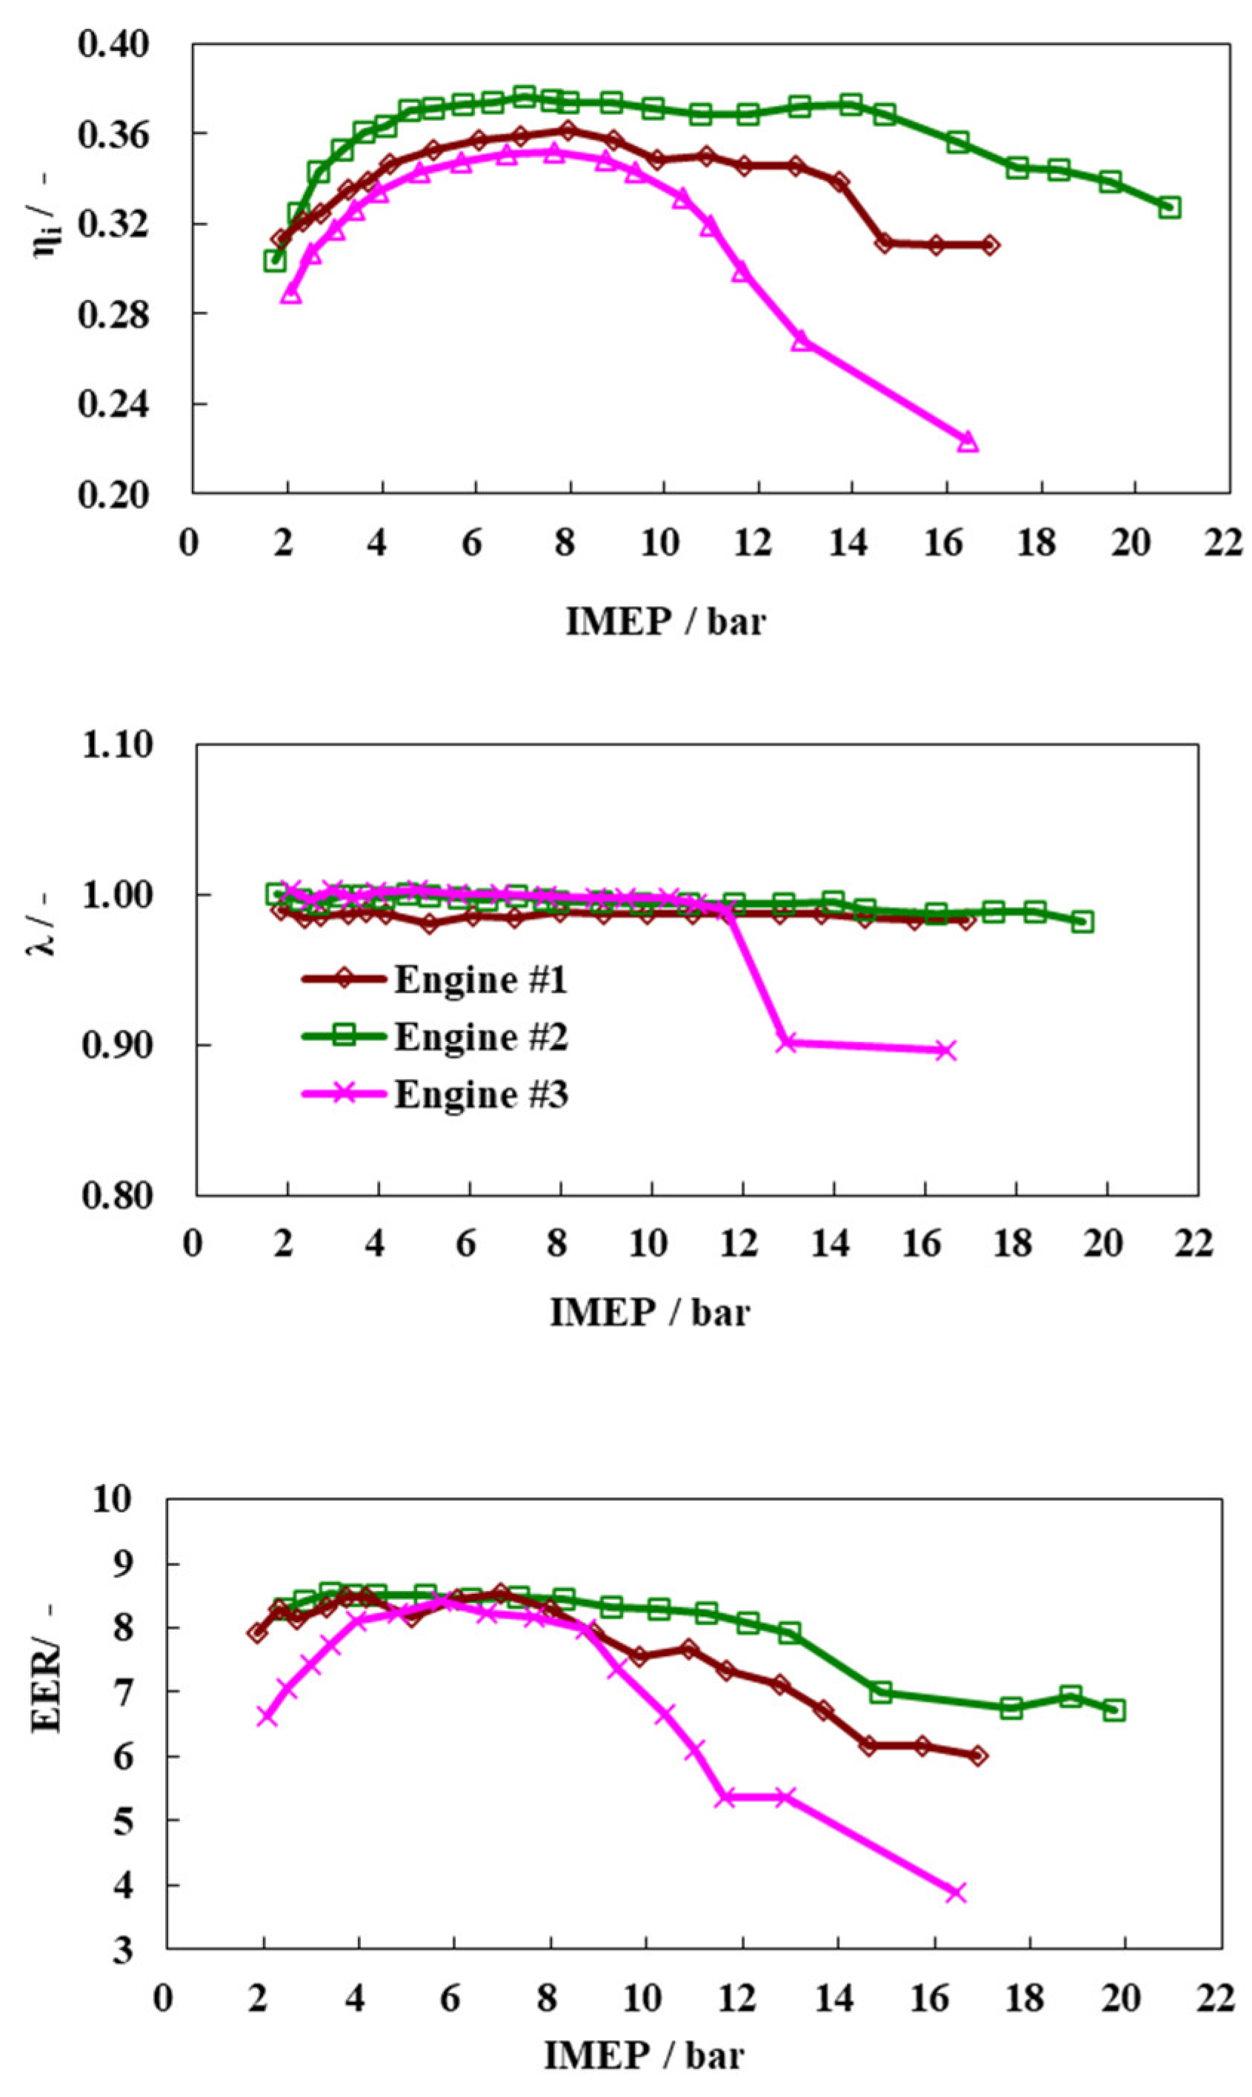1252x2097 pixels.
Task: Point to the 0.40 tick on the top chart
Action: click(113, 44)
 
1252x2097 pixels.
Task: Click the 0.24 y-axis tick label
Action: click(113, 405)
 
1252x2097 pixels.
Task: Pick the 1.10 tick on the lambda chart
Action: click(118, 746)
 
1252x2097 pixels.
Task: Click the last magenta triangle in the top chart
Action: click(968, 442)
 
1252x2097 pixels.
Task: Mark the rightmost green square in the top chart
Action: click(1169, 207)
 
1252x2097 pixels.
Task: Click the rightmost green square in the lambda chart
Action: click(1083, 922)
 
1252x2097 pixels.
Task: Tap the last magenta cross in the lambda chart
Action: click(947, 1051)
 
